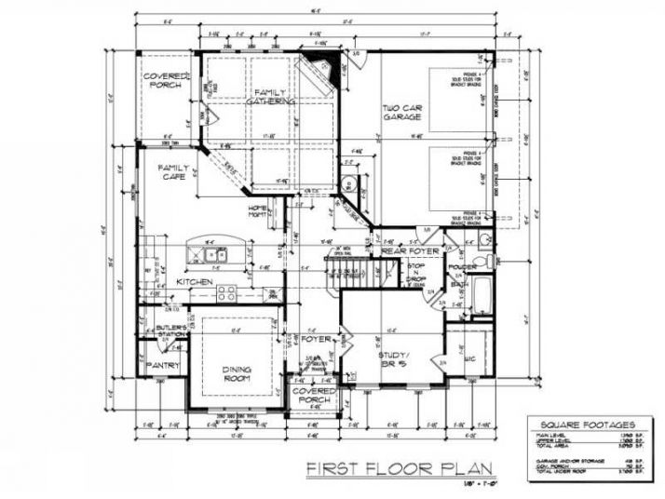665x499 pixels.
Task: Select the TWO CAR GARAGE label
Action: [x=403, y=117]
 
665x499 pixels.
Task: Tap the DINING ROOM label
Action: [x=236, y=373]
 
